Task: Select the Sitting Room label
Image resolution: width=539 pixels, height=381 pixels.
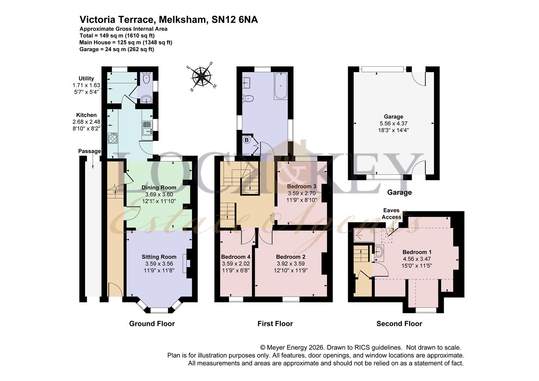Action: click(x=159, y=257)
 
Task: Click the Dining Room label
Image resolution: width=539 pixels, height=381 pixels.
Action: click(x=159, y=187)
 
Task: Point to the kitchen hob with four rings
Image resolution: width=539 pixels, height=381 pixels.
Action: click(x=113, y=138)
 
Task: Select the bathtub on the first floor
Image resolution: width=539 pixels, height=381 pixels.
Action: click(x=281, y=85)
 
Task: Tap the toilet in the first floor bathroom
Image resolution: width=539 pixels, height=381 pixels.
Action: click(x=248, y=98)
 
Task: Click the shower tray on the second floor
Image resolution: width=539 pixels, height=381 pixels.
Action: click(x=364, y=235)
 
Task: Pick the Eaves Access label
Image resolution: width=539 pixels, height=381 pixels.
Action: click(x=391, y=214)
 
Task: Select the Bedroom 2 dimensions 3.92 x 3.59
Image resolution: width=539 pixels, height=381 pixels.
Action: click(x=291, y=264)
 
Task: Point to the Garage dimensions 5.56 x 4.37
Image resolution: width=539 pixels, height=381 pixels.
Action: click(x=393, y=123)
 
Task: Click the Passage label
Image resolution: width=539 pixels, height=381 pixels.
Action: click(x=89, y=151)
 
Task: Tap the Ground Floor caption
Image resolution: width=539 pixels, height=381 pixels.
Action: click(x=152, y=323)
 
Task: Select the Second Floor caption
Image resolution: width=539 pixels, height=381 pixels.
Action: click(x=399, y=323)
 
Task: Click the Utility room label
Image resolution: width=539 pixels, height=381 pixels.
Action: click(x=86, y=78)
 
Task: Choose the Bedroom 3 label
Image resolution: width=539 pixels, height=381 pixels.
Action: click(x=301, y=186)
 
